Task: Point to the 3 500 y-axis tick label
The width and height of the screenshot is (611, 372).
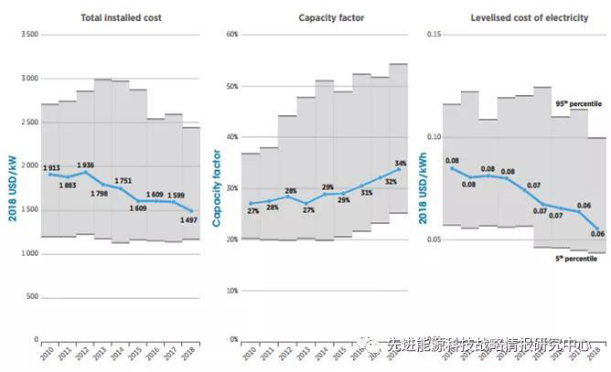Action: coord(27,34)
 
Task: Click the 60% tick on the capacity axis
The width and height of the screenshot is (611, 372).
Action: coord(231,34)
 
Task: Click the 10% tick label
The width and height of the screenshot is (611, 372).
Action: coord(231,290)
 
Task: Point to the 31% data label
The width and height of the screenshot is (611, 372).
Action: coord(366,193)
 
